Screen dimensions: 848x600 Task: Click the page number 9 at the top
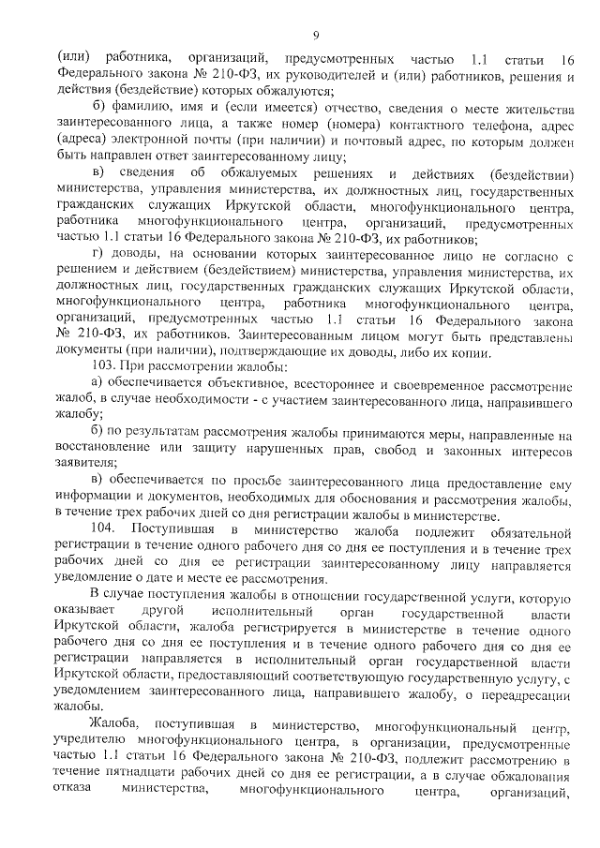coord(316,36)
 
